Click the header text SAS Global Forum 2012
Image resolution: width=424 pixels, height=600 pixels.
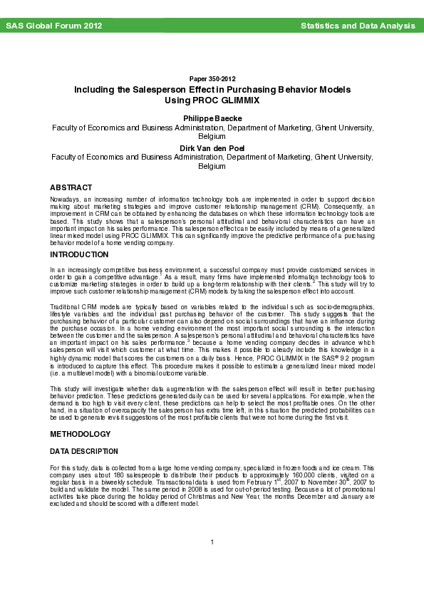click(53, 26)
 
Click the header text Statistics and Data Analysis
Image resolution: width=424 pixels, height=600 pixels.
click(357, 26)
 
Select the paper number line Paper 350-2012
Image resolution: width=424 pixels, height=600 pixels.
click(212, 78)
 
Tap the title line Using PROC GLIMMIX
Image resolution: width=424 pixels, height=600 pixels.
click(212, 101)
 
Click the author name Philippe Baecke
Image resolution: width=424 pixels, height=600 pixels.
click(212, 118)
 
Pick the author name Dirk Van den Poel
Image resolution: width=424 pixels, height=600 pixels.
click(212, 148)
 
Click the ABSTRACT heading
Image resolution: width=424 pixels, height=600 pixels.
click(71, 187)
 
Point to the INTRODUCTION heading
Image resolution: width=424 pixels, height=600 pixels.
click(78, 254)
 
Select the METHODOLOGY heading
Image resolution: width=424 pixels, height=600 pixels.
click(80, 434)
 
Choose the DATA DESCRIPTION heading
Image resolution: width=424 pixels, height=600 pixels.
click(83, 452)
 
